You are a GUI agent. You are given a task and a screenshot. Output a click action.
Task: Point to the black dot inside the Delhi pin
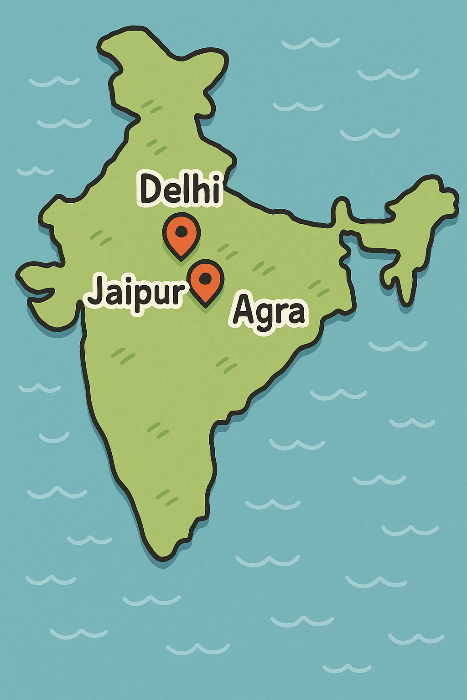(182, 231)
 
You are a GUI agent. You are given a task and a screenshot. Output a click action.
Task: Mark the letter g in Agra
(266, 317)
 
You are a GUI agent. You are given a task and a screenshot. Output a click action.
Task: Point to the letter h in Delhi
(199, 187)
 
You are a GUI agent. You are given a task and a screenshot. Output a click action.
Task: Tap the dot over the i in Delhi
(215, 176)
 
